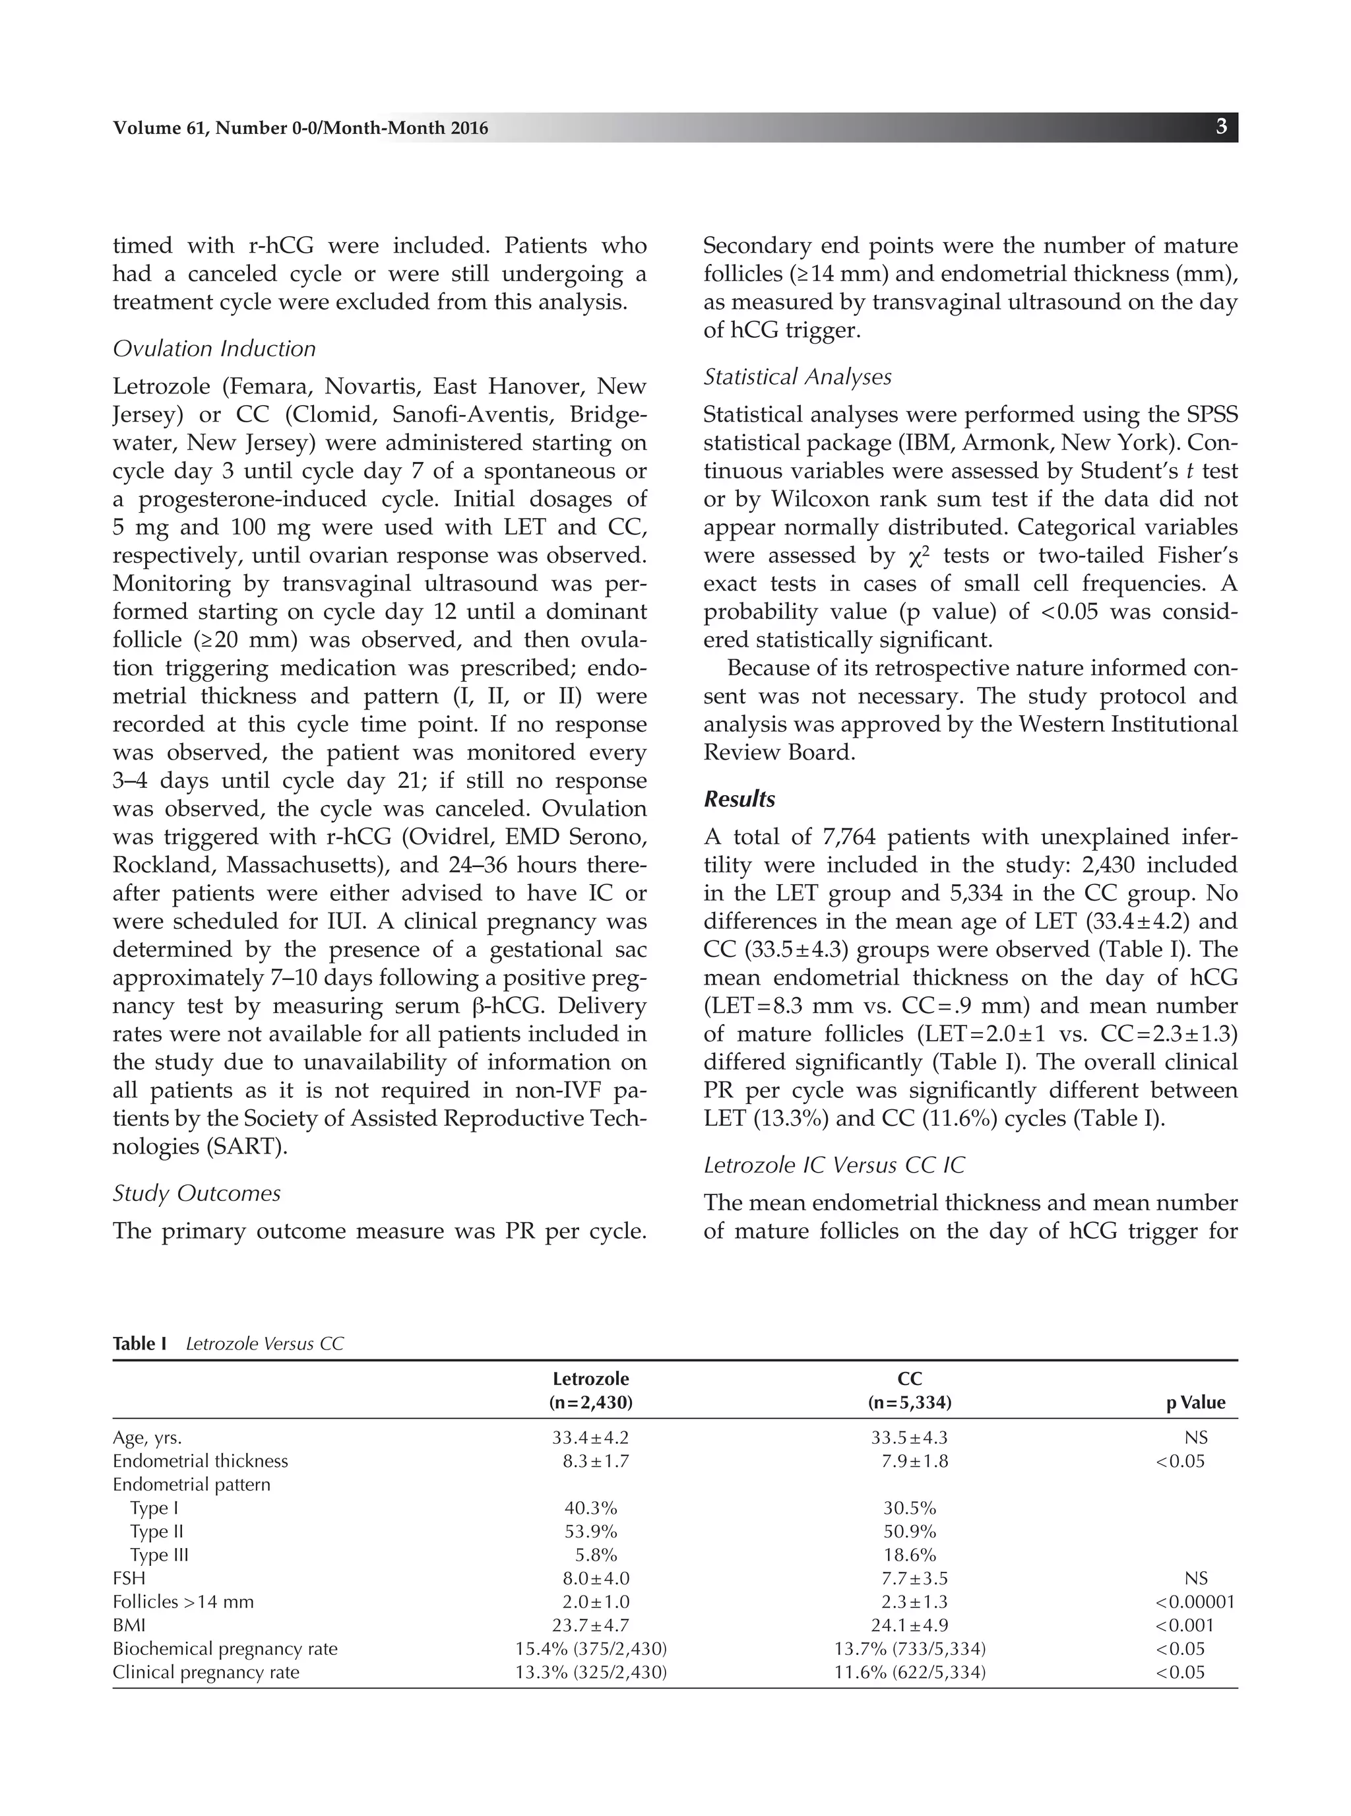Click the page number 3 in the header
click(1221, 127)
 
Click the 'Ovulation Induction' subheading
click(214, 348)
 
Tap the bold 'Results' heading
click(739, 799)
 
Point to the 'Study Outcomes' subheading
click(197, 1194)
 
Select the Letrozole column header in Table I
click(590, 1379)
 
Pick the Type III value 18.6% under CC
click(910, 1555)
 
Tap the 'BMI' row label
click(129, 1625)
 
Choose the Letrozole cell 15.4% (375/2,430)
click(590, 1648)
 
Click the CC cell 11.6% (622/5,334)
click(910, 1672)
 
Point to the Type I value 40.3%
click(590, 1508)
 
